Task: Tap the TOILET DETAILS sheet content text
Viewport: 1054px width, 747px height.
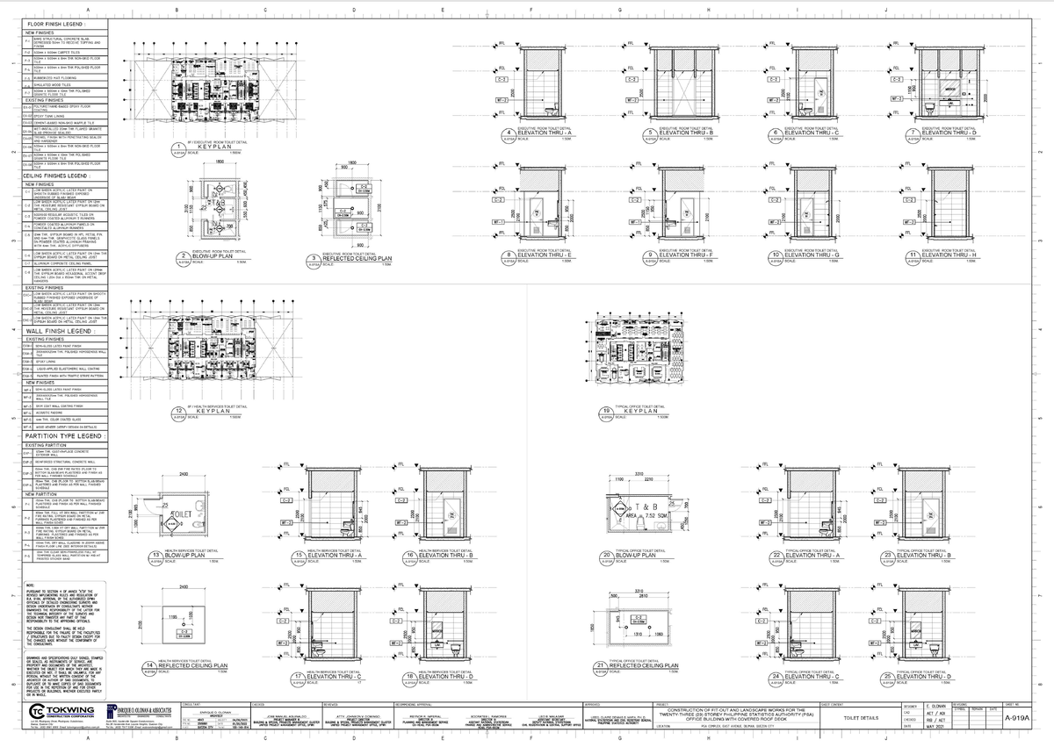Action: [x=860, y=718]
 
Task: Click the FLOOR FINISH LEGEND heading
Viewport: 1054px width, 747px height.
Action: [x=54, y=24]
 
